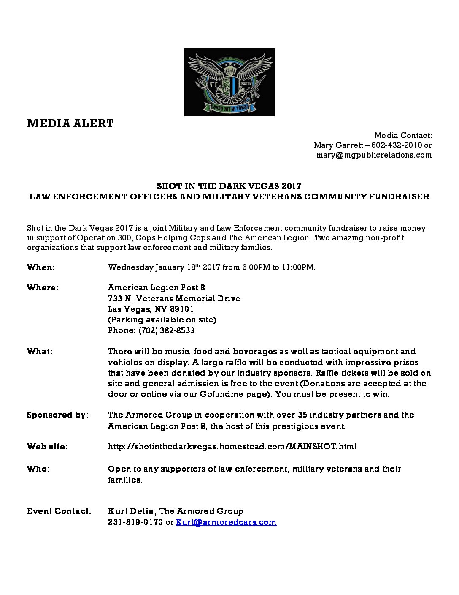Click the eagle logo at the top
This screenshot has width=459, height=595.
(229, 82)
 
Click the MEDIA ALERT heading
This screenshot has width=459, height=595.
(70, 123)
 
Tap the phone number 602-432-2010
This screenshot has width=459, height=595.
(397, 145)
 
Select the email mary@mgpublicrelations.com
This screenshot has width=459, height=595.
(374, 155)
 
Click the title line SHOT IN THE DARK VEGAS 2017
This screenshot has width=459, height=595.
(229, 186)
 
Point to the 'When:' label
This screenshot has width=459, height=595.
(41, 267)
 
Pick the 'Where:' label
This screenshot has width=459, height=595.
(43, 287)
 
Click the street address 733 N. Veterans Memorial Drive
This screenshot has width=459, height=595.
(174, 298)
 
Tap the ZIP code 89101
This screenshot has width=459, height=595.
(182, 309)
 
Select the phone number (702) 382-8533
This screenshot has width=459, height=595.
(167, 330)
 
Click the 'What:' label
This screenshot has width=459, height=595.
(40, 351)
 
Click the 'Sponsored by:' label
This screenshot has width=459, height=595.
(58, 415)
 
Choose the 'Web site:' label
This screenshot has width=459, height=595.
(47, 446)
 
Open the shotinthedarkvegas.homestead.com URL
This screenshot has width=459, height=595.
(232, 446)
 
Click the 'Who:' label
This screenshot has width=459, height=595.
(38, 469)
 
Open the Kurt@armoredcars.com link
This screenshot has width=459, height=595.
(226, 522)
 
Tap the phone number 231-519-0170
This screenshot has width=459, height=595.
(135, 522)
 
